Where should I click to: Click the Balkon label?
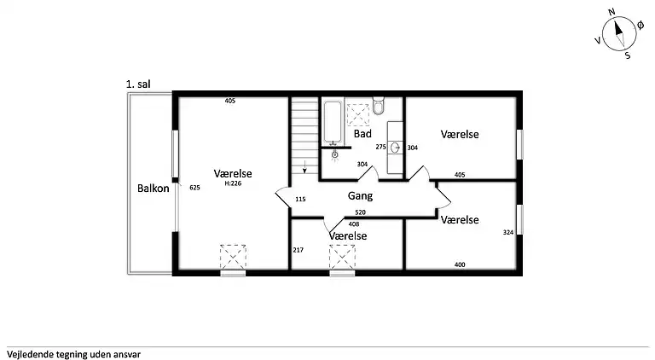154,189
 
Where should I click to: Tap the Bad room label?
362,134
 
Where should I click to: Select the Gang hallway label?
360,196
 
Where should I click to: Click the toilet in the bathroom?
379,106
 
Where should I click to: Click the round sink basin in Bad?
395,148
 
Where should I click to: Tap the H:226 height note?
233,183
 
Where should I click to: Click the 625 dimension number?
194,188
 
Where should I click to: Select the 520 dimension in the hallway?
360,212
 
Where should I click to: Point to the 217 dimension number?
299,250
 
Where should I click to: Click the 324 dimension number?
508,232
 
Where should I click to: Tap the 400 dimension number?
460,264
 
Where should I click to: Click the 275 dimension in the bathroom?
380,147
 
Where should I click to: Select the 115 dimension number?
300,200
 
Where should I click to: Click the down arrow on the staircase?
304,166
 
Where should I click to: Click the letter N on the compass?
612,12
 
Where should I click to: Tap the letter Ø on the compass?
641,26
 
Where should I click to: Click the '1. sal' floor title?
138,84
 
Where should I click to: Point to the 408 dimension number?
354,224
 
